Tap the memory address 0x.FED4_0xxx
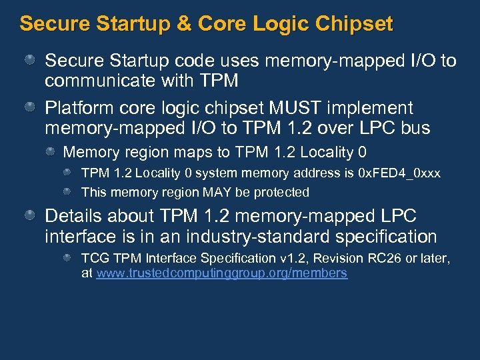399,173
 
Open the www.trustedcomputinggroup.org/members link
222,273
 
